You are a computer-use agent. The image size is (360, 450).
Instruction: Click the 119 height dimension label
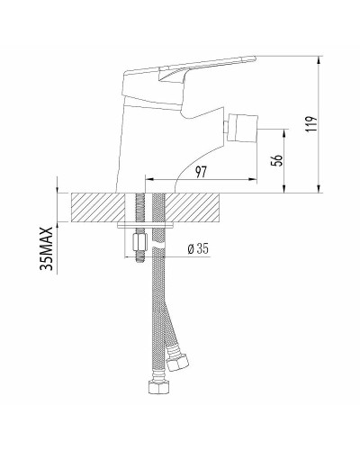312,124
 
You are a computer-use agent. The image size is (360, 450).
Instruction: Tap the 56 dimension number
276,160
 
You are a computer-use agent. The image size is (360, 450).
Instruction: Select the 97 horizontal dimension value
202,172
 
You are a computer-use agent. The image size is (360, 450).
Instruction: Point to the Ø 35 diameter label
198,249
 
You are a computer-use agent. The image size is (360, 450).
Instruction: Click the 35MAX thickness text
46,248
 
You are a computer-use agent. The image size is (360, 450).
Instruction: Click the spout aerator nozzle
241,127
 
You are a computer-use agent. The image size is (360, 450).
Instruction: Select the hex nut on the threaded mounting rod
139,243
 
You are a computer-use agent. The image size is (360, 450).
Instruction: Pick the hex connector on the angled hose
178,363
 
